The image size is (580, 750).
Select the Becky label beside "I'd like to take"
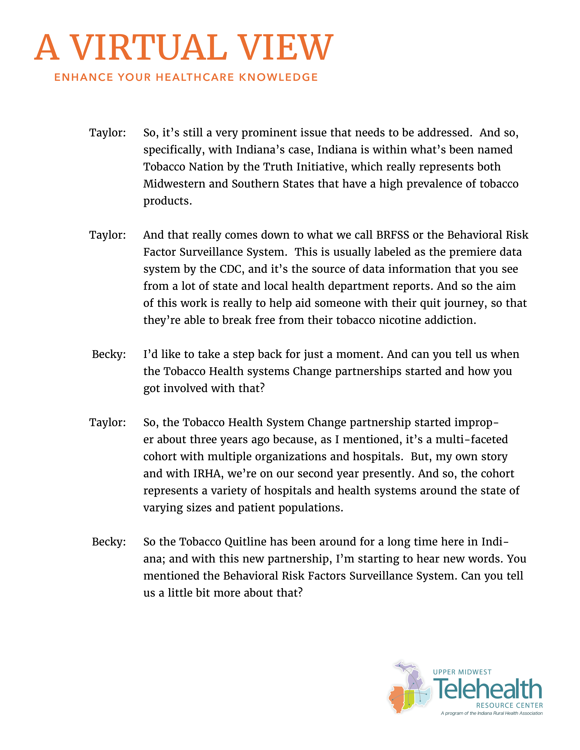coord(109,354)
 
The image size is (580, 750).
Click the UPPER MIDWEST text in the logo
coord(462,672)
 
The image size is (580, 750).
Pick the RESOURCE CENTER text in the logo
coord(509,705)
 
